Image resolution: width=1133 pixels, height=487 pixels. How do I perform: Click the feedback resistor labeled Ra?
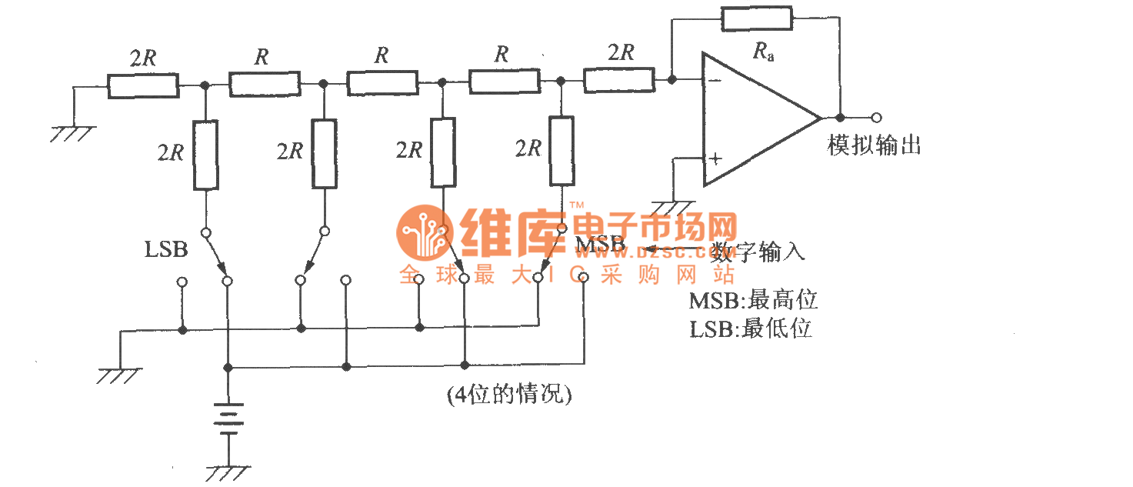pyautogui.click(x=757, y=18)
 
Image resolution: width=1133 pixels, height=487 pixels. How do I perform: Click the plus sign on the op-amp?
pyautogui.click(x=715, y=159)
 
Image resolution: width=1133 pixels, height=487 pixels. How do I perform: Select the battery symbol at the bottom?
pyautogui.click(x=228, y=419)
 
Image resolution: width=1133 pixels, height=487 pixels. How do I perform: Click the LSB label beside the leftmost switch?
pyautogui.click(x=166, y=249)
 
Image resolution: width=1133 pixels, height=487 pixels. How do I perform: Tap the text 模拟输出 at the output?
pyautogui.click(x=875, y=145)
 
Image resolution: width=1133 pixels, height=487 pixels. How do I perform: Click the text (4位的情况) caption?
pyautogui.click(x=509, y=395)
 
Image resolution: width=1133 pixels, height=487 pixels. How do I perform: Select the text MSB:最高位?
pyautogui.click(x=753, y=299)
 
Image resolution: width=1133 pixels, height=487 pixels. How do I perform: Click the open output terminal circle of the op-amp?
pyautogui.click(x=876, y=118)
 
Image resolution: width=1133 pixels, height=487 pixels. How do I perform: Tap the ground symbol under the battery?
pyautogui.click(x=228, y=471)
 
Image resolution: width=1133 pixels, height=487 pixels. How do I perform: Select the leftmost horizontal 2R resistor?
pyautogui.click(x=143, y=86)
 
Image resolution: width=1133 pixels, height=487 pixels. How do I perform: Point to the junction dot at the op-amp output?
pyautogui.click(x=840, y=118)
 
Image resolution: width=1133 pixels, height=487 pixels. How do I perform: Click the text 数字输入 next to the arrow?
pyautogui.click(x=758, y=252)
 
